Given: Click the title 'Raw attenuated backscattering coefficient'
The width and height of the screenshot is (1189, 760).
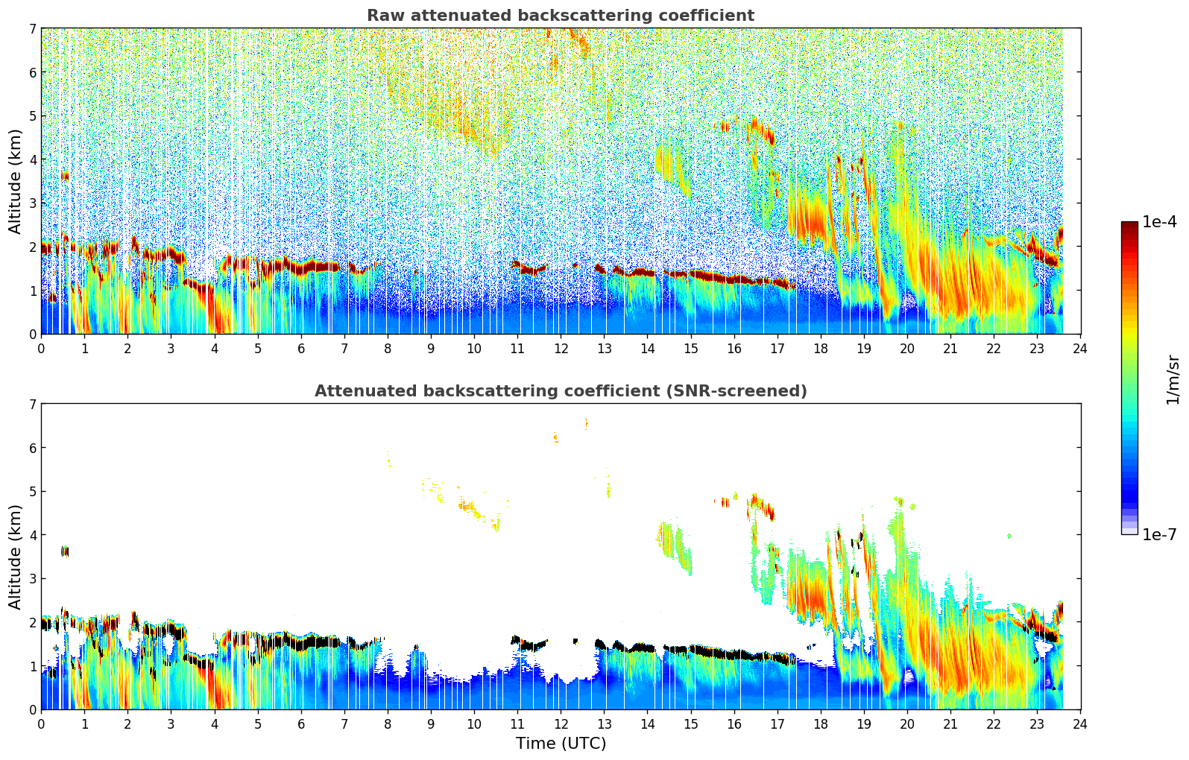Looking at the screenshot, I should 560,16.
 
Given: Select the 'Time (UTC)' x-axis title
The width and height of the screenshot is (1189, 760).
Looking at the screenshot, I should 561,744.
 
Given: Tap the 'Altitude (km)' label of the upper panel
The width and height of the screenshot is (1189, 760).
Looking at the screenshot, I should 15,181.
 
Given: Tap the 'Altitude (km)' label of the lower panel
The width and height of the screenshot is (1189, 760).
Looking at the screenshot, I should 15,557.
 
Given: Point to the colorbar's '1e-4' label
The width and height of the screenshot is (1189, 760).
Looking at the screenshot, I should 1159,222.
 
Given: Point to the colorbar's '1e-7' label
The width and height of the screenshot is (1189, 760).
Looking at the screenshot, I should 1159,534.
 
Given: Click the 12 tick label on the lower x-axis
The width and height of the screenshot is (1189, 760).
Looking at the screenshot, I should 561,724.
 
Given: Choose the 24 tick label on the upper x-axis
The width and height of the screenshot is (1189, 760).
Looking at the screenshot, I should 1080,349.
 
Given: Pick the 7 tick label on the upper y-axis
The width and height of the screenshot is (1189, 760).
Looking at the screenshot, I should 32,29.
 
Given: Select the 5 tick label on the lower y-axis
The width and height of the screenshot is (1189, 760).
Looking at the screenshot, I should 32,492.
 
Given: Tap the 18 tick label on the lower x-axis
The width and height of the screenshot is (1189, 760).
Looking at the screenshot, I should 821,724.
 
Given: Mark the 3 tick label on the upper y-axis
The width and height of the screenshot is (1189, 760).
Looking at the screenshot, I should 32,203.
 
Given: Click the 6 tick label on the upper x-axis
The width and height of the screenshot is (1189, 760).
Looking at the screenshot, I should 301,349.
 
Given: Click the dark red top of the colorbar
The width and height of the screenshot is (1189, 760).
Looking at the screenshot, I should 1129,225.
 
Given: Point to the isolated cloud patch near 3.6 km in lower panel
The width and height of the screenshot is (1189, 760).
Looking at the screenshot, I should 65,551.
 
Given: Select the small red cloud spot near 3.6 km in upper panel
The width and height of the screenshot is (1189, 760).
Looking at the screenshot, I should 65,176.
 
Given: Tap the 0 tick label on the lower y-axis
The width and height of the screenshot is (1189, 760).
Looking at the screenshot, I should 32,709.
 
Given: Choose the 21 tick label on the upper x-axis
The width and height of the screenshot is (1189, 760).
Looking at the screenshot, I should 950,349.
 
